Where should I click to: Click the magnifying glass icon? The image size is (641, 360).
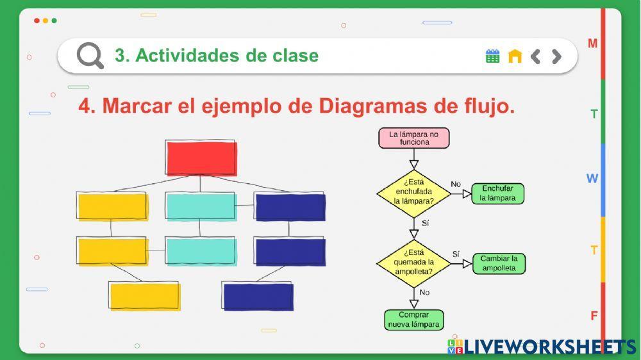tap(90, 56)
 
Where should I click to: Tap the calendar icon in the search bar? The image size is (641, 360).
tap(492, 56)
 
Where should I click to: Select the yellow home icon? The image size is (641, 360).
tap(515, 56)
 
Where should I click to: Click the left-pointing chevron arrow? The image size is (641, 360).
tap(536, 56)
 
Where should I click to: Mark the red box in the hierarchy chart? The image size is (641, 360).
tap(201, 158)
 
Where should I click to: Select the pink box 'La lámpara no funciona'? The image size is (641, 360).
tap(414, 138)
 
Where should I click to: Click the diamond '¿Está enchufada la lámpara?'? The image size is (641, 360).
tap(413, 192)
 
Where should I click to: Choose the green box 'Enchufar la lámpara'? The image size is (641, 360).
tap(498, 193)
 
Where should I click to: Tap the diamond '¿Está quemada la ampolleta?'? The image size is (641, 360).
tap(413, 263)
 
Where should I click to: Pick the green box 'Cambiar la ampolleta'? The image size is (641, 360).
tap(499, 263)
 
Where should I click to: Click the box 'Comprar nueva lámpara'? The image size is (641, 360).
tap(413, 320)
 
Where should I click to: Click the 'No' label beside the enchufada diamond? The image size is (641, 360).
tap(456, 184)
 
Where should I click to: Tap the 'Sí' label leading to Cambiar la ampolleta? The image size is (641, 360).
tap(456, 254)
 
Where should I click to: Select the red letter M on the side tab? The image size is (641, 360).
tap(593, 44)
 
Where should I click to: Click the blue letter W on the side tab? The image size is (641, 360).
tap(592, 179)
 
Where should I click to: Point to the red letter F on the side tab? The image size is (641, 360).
tap(594, 316)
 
